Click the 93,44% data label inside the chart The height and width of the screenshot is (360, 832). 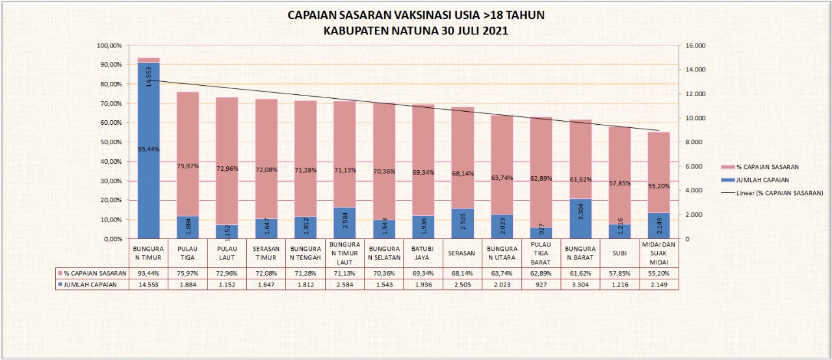coord(149,149)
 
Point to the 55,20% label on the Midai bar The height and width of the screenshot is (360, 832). coord(658,186)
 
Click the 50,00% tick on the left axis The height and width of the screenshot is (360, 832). coord(109,142)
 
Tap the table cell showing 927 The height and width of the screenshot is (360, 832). coord(541,285)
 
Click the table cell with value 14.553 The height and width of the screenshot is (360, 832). coord(149,285)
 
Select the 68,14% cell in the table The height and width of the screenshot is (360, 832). coord(463,274)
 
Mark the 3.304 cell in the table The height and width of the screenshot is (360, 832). coord(580,285)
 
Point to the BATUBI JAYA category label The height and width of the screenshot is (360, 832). coord(423,253)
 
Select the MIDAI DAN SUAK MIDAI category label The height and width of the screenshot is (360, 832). coord(658,253)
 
